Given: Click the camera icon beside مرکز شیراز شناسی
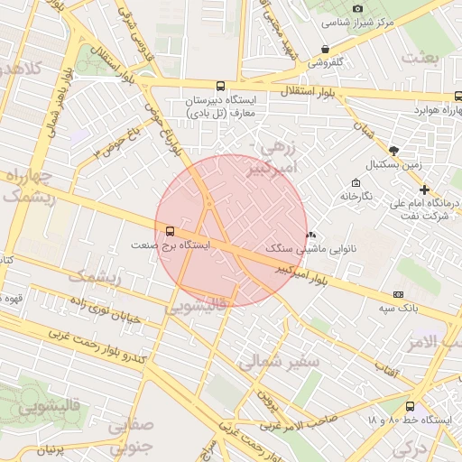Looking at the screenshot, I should tap(358, 8).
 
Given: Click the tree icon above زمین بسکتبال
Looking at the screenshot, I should tap(393, 150).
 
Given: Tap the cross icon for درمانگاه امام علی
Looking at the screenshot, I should tap(425, 189).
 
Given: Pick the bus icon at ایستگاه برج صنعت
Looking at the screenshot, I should tap(160, 230).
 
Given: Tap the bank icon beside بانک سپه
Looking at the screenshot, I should tap(398, 294).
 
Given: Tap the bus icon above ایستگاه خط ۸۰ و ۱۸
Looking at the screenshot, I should tap(411, 406).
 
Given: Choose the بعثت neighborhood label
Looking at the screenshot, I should tap(420, 58).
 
